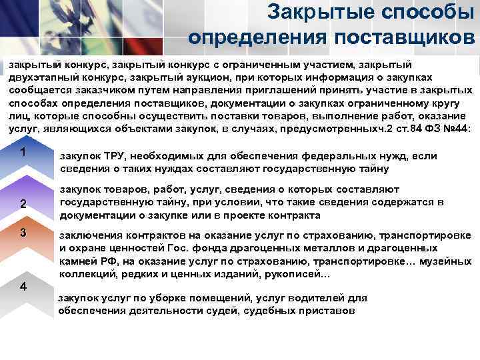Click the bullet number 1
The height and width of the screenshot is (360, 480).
click(x=23, y=152)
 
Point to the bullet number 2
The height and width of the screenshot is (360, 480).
click(x=23, y=204)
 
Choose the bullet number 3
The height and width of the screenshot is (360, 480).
click(x=23, y=233)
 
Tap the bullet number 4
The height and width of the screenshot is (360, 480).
click(x=23, y=286)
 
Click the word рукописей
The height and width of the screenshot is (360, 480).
click(x=296, y=275)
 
